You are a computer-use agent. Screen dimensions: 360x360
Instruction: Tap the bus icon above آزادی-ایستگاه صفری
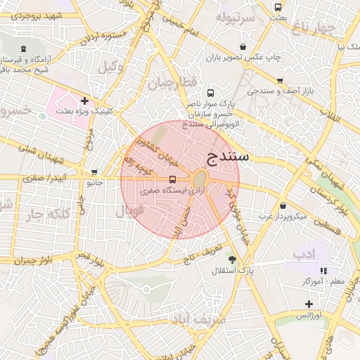173,179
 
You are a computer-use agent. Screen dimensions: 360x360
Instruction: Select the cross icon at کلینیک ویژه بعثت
85,101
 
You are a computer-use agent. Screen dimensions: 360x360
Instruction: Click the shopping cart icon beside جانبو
94,172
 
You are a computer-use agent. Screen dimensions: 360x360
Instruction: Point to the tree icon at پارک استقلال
233,259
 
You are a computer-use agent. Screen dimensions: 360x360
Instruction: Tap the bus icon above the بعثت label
278,6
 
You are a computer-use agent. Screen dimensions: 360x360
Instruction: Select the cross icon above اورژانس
309,304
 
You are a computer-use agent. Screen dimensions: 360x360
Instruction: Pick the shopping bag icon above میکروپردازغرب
283,205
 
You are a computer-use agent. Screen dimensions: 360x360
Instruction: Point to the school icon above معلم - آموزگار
323,270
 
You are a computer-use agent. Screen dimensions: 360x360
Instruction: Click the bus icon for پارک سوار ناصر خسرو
210,93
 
